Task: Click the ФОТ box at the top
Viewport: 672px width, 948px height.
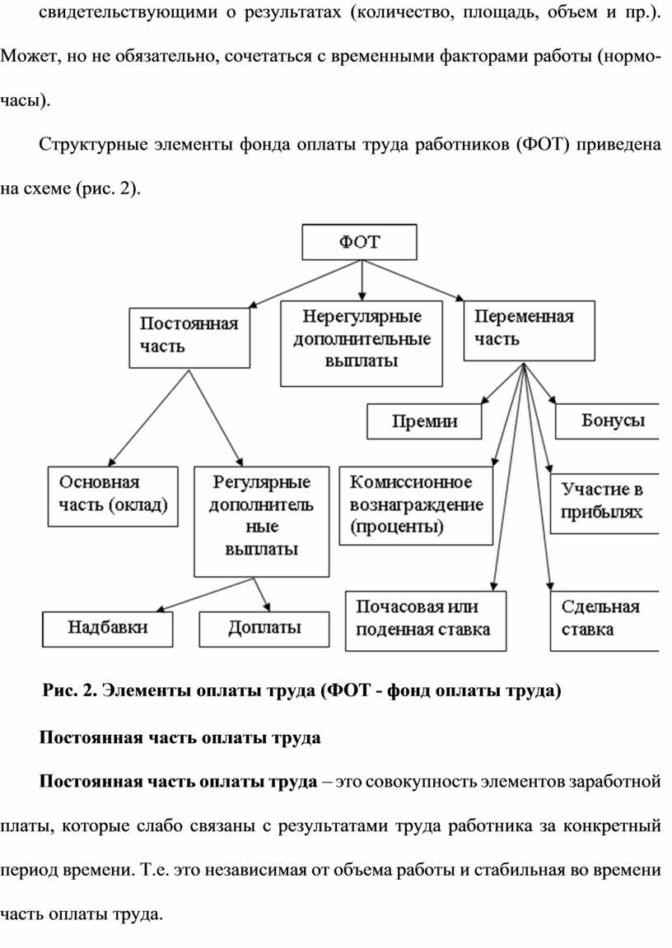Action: [x=360, y=242]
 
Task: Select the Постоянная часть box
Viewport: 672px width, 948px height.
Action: [x=189, y=336]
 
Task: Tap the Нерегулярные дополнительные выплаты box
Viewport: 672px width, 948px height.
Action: [x=362, y=343]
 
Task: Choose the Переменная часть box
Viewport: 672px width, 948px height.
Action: [x=528, y=330]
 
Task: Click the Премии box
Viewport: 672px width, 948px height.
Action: [x=424, y=422]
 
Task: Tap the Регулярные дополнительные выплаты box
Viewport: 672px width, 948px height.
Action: [x=262, y=521]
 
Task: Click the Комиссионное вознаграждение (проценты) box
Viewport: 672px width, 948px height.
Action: [x=416, y=504]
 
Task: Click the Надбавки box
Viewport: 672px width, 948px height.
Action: [x=108, y=629]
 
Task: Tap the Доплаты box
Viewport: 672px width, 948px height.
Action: [x=264, y=629]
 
